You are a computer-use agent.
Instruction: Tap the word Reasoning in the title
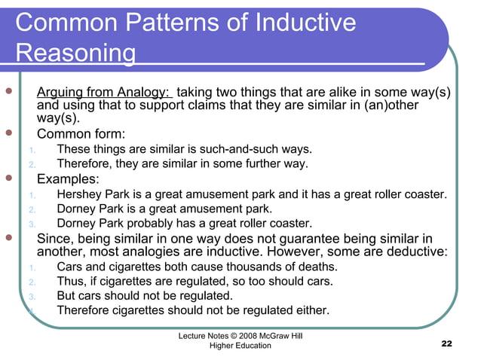[75, 54]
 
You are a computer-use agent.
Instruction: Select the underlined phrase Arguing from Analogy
[104, 92]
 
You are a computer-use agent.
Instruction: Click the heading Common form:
[81, 134]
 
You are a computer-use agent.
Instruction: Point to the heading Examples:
[68, 179]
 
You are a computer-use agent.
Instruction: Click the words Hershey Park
[92, 194]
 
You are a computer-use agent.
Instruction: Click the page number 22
[446, 344]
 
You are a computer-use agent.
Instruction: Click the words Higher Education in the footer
[235, 345]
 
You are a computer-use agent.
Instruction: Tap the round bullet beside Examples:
[9, 180]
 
